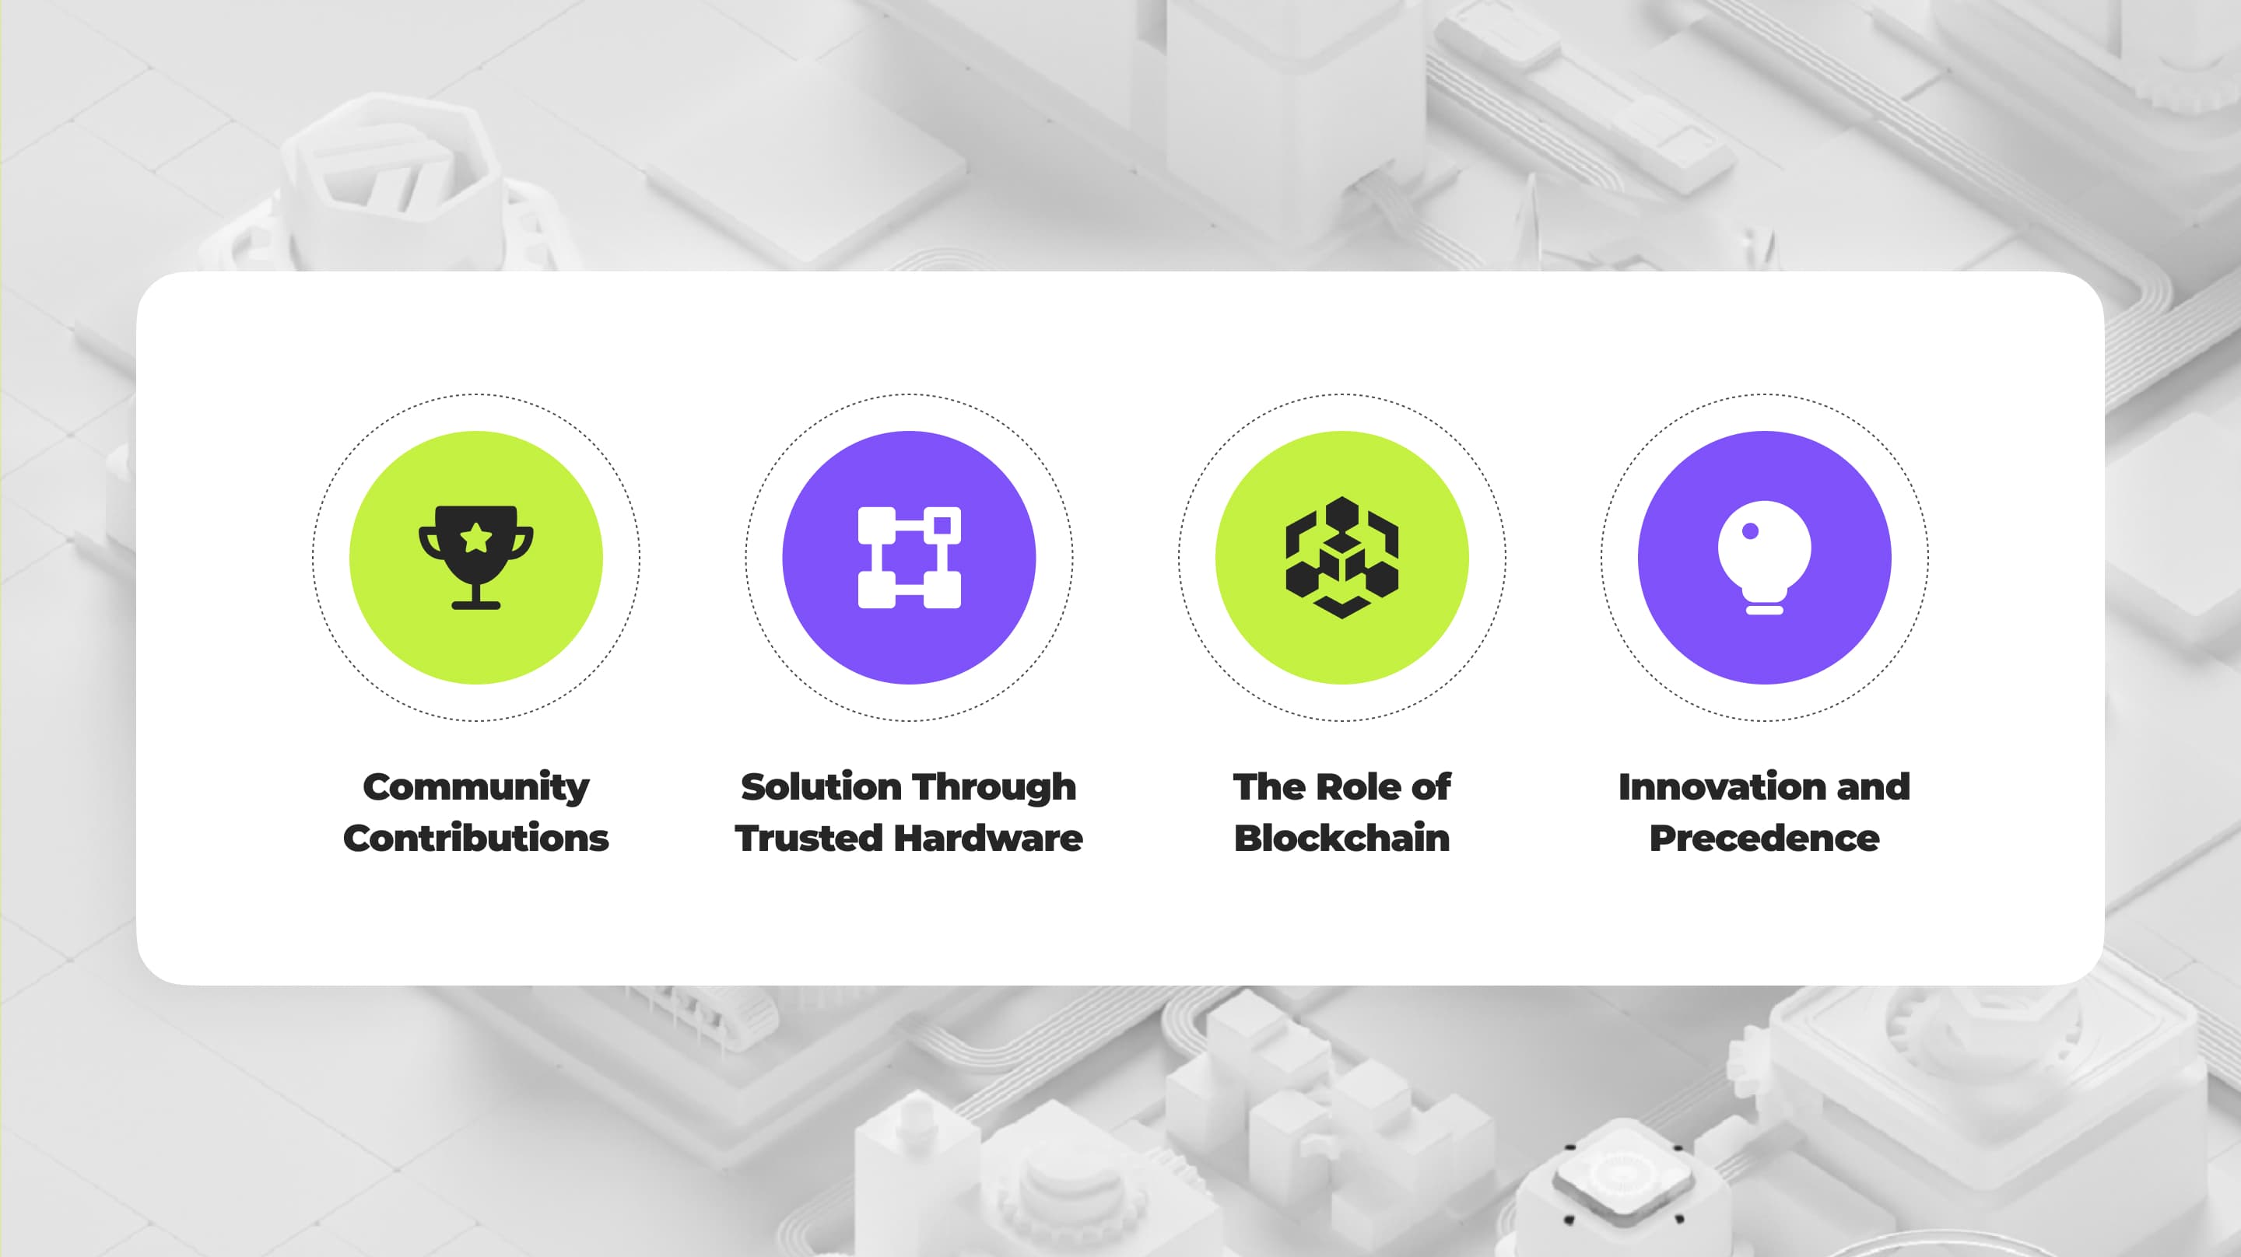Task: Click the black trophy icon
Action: (x=476, y=558)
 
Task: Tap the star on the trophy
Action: (x=476, y=538)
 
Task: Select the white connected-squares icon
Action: (x=909, y=558)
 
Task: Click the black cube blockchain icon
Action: (x=1341, y=558)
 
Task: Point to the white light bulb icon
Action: (x=1764, y=558)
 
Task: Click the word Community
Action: (x=476, y=788)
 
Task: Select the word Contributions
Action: (x=476, y=839)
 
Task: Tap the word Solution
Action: (x=814, y=786)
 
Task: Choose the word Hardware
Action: (x=988, y=839)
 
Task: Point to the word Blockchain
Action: (x=1341, y=839)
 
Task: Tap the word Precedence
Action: (x=1764, y=839)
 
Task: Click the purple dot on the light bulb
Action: (x=1750, y=530)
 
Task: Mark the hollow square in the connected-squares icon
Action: (x=942, y=524)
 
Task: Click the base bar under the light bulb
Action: (x=1764, y=610)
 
